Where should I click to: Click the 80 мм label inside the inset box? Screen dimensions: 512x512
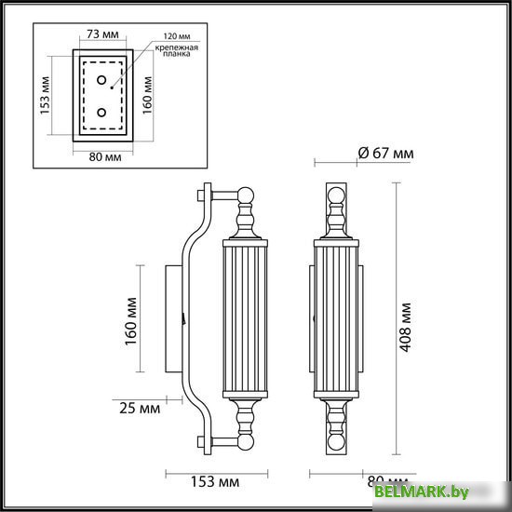point(101,155)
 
